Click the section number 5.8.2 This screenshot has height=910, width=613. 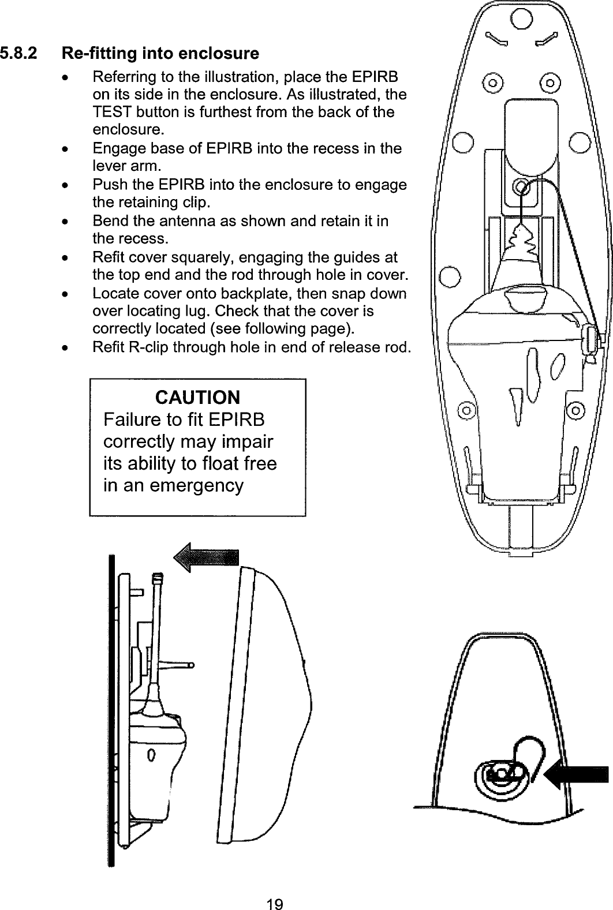(20, 54)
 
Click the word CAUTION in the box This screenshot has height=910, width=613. (197, 398)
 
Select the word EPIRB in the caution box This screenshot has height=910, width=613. (238, 420)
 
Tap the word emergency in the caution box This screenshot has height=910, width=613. (197, 485)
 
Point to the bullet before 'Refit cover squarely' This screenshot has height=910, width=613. (69, 257)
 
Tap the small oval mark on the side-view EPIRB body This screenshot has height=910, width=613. (151, 754)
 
